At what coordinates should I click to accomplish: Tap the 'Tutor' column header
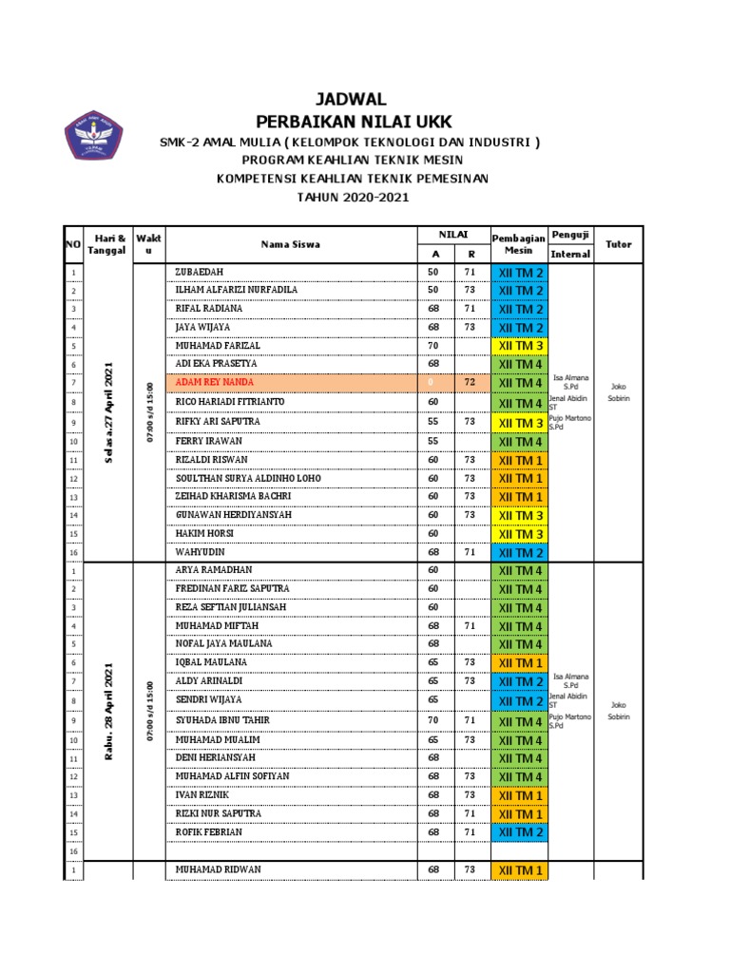pyautogui.click(x=619, y=244)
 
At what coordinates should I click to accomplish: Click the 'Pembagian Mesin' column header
pyautogui.click(x=518, y=243)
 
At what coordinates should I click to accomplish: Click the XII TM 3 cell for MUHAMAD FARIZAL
pyautogui.click(x=518, y=346)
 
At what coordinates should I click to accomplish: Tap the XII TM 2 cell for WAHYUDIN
pyautogui.click(x=518, y=553)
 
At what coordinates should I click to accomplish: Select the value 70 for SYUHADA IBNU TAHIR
pyautogui.click(x=434, y=720)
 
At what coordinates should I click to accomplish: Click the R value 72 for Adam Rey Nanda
pyautogui.click(x=470, y=383)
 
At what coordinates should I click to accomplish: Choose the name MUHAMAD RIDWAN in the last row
pyautogui.click(x=219, y=869)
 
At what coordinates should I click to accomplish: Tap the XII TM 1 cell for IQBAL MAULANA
pyautogui.click(x=518, y=663)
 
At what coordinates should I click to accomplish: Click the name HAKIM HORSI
pyautogui.click(x=203, y=534)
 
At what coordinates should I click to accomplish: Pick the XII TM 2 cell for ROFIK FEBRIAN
pyautogui.click(x=518, y=832)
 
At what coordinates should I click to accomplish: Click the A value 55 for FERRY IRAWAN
pyautogui.click(x=434, y=441)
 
